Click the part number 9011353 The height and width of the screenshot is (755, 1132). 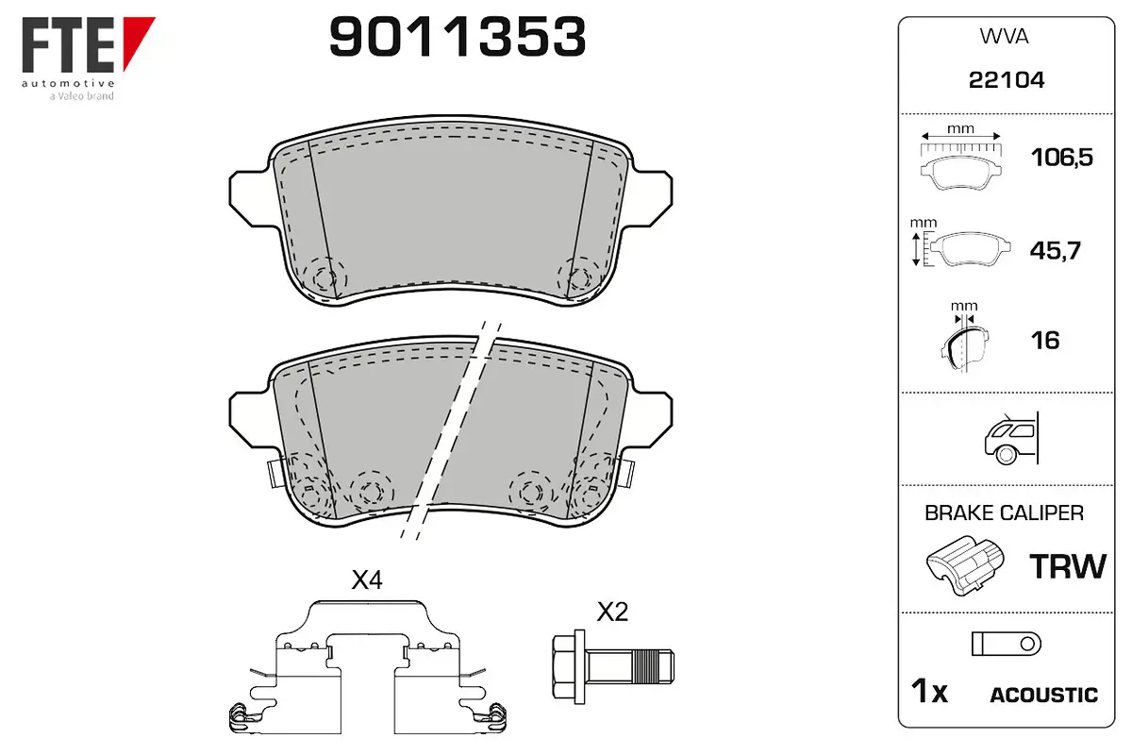pos(458,37)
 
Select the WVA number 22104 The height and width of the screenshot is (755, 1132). pos(1007,80)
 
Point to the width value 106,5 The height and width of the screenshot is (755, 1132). pos(1062,158)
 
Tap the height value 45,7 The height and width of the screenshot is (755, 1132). pos(1056,250)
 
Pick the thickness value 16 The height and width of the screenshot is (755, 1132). pos(1045,341)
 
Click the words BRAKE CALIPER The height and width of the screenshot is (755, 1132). pos(1004,513)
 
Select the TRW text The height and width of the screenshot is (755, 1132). pos(1068,566)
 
